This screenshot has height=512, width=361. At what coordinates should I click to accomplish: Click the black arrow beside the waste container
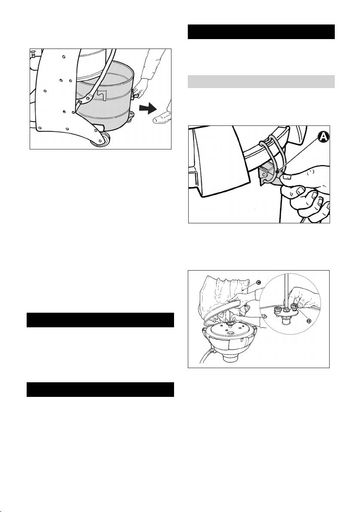(x=148, y=109)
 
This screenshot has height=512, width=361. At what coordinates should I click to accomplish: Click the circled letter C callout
(x=258, y=283)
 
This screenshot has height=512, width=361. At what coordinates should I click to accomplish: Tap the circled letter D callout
(x=309, y=321)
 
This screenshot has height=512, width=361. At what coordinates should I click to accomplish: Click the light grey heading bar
(x=261, y=82)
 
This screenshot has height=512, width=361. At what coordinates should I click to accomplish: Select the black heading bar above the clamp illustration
(x=261, y=32)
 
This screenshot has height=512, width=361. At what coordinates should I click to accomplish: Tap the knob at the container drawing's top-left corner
(x=32, y=52)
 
